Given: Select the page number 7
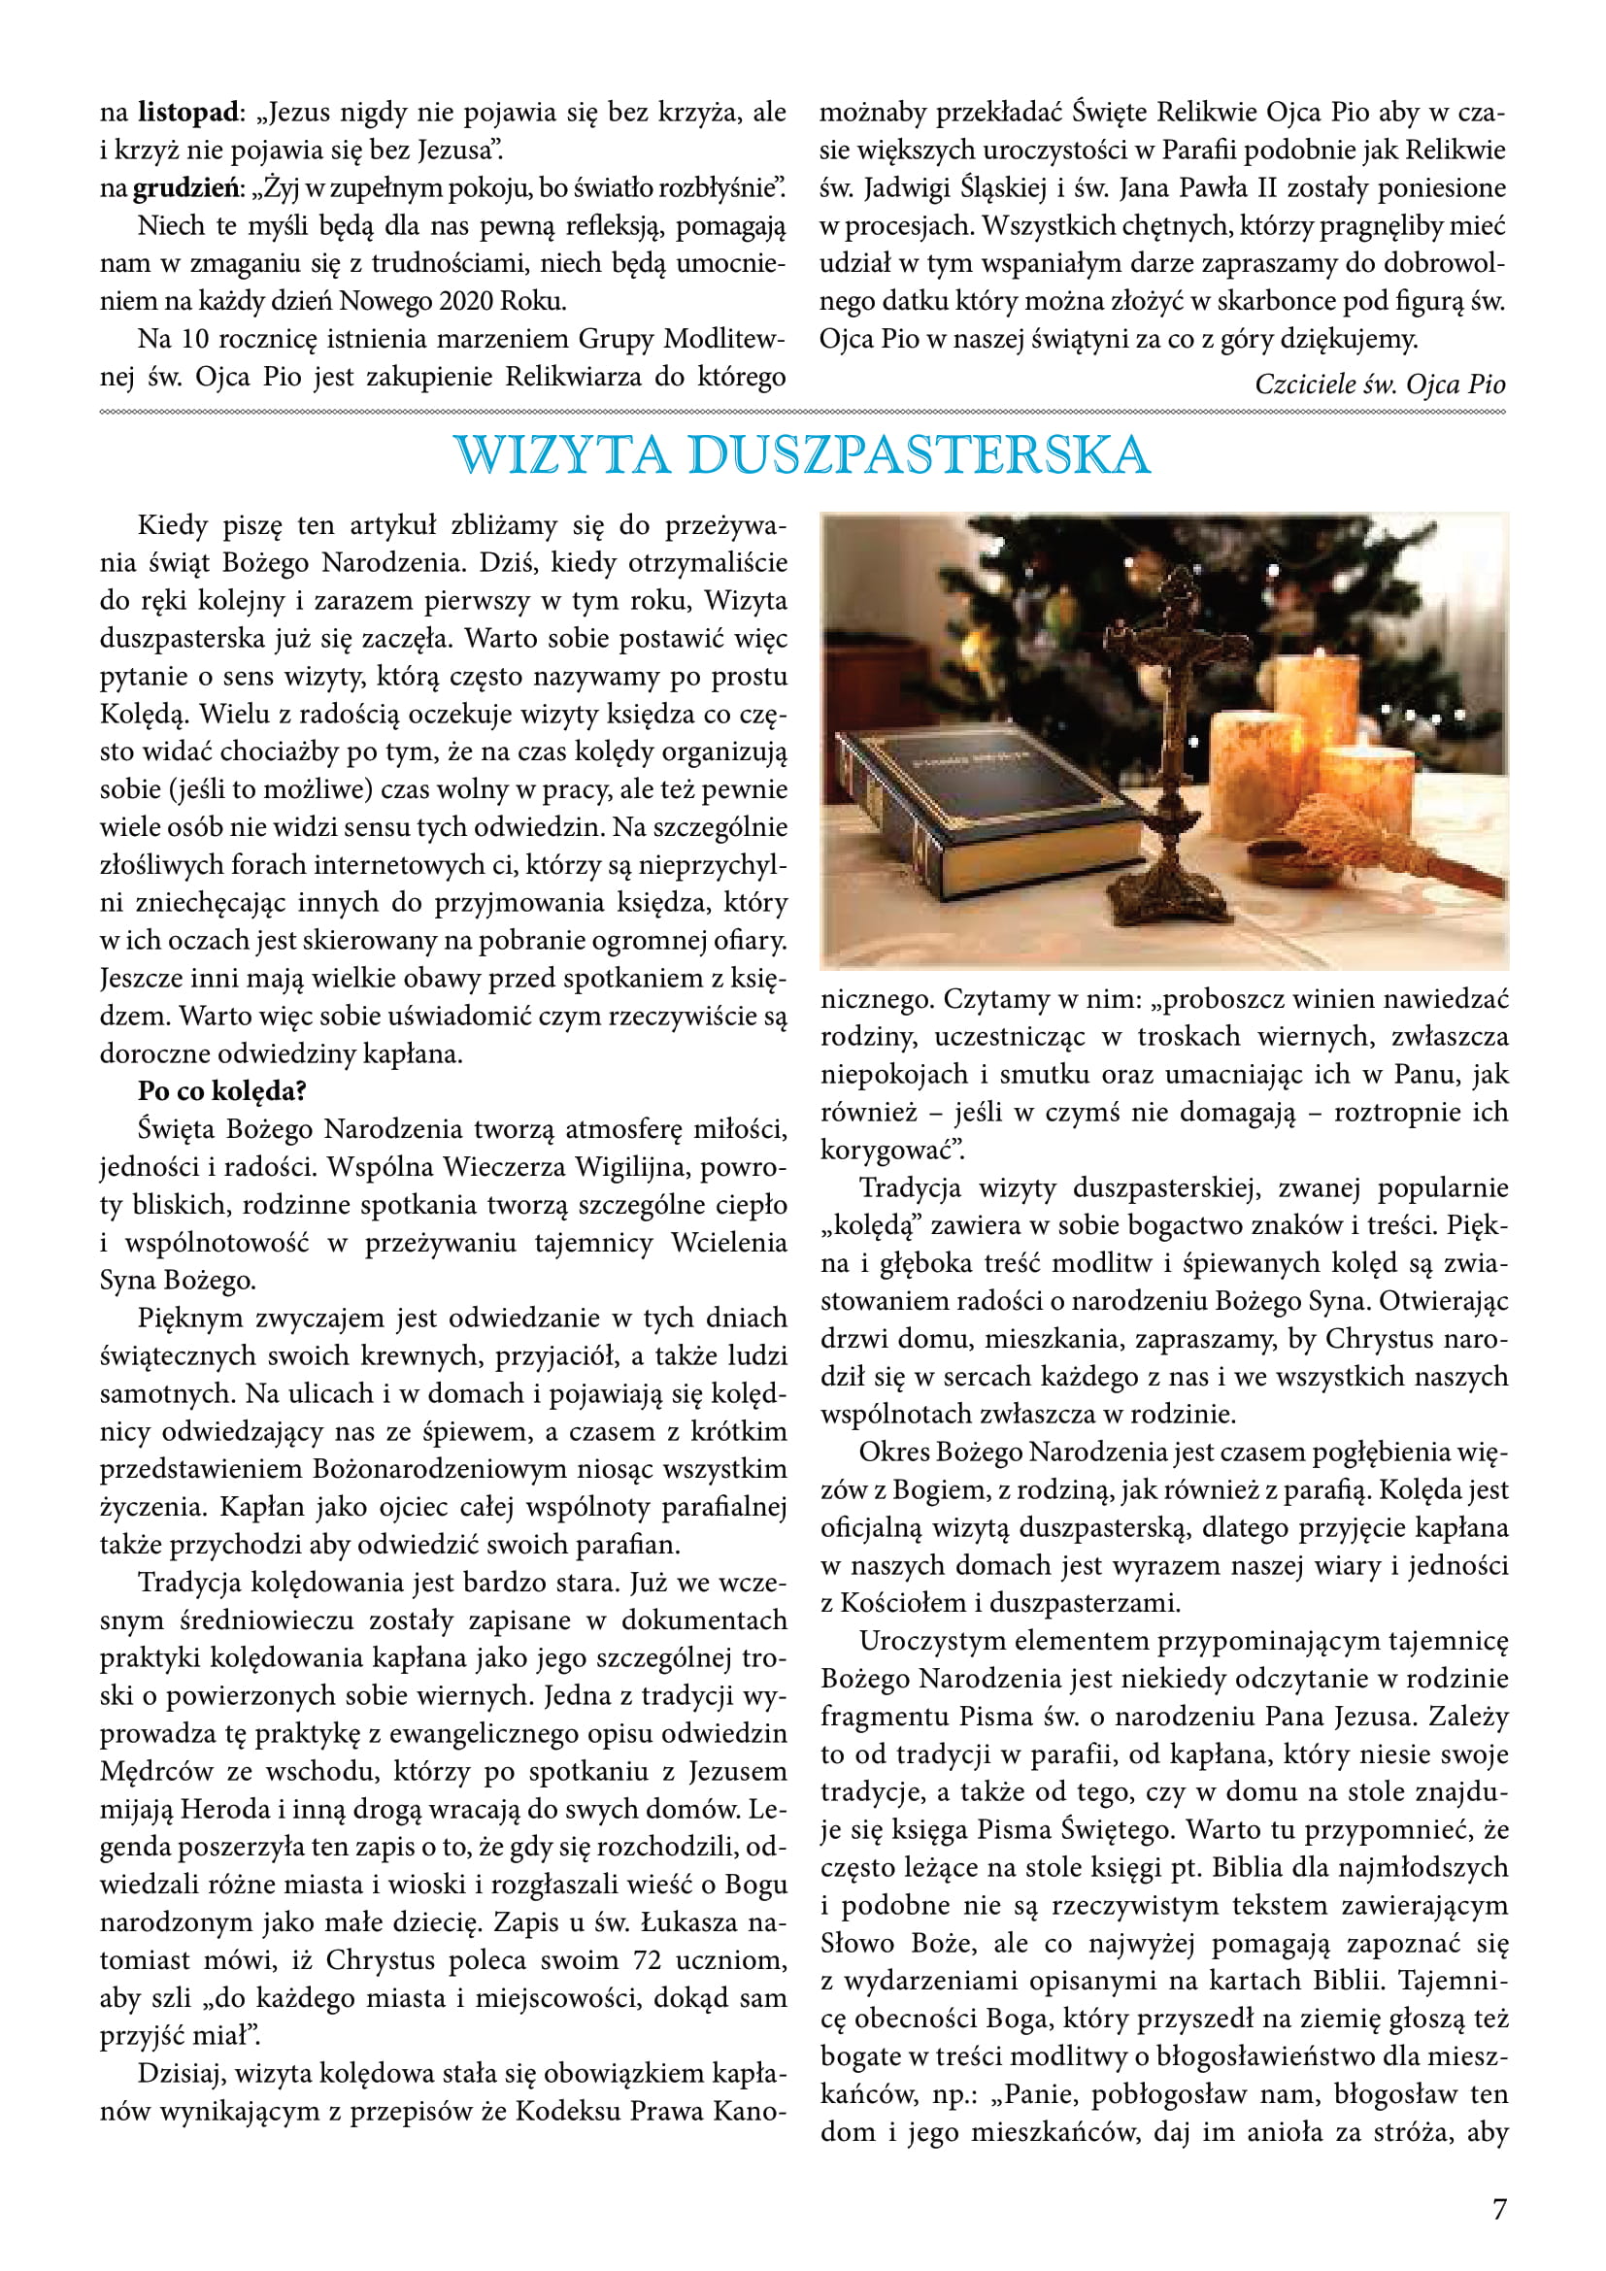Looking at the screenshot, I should [1499, 2209].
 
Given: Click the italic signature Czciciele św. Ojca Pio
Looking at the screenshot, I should [1380, 384].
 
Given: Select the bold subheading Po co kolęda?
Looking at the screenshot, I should [221, 1091].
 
